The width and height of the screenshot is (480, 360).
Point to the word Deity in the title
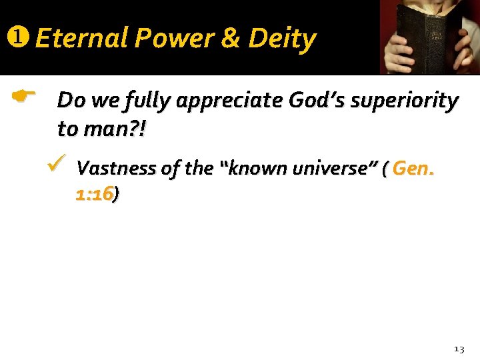pos(282,39)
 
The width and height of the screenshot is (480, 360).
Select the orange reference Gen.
pos(413,168)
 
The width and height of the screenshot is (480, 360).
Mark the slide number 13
pos(459,349)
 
